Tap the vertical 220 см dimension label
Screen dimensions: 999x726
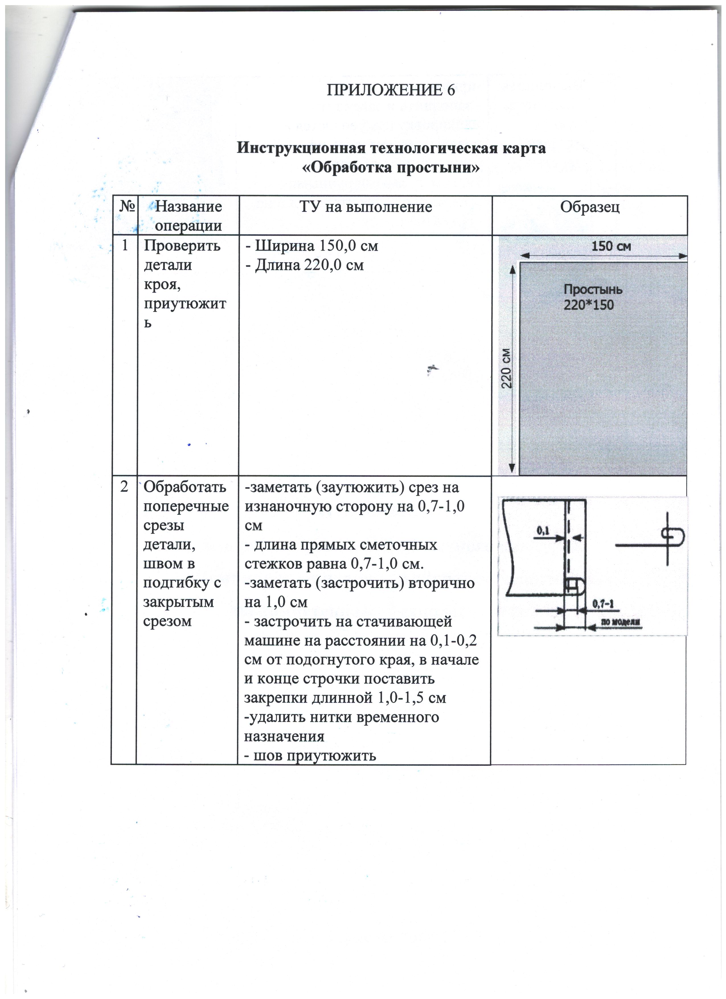507,368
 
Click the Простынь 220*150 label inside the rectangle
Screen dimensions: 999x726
592,297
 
